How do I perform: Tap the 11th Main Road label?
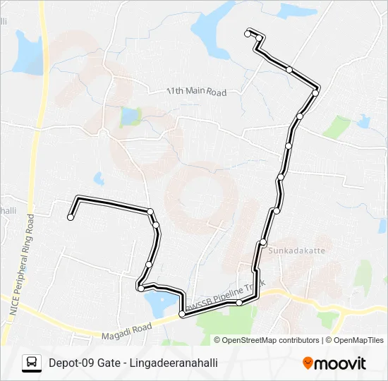[196, 92]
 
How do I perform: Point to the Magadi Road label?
[126, 327]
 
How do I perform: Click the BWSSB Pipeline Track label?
[224, 297]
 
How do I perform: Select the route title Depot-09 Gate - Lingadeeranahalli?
[133, 363]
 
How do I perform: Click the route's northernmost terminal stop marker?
[248, 33]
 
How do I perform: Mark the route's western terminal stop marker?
[71, 217]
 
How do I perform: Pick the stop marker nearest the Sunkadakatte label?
[263, 242]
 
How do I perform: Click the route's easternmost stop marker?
[316, 92]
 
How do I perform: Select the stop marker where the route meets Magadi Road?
[182, 314]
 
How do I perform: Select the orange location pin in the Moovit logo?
[308, 363]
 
